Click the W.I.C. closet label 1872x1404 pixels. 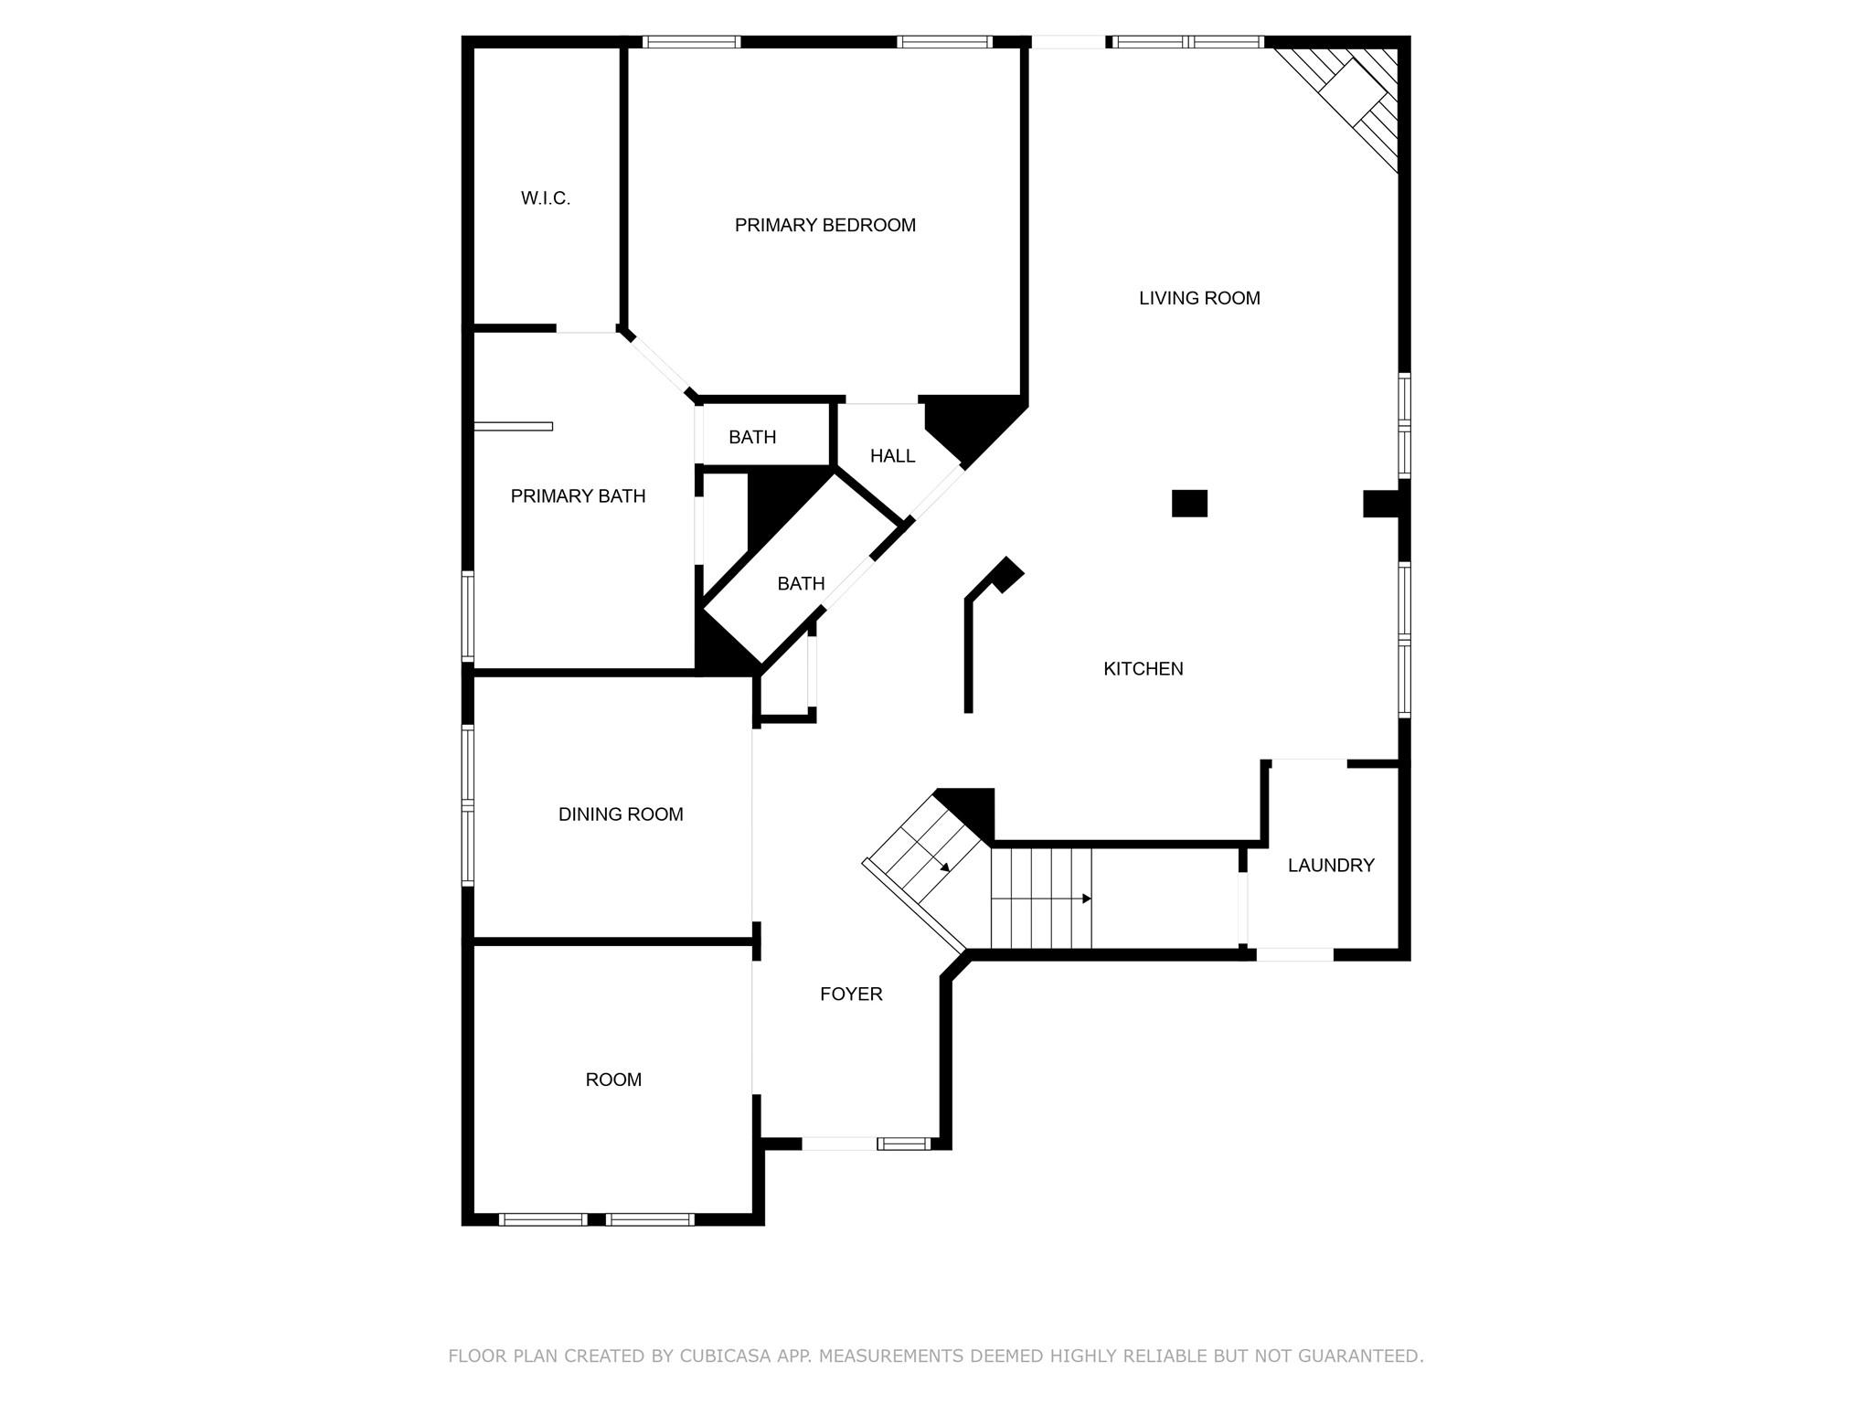point(546,198)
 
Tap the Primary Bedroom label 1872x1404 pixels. point(824,225)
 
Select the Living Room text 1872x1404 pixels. point(1199,298)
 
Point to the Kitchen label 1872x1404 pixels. point(1143,669)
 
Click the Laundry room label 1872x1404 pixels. point(1330,866)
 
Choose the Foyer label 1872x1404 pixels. point(851,994)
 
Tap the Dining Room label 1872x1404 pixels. point(621,814)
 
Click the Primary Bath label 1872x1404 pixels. point(578,496)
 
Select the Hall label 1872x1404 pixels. point(892,456)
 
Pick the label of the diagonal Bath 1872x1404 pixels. point(801,583)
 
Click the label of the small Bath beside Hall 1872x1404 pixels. point(752,438)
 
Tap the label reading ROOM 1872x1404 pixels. point(613,1080)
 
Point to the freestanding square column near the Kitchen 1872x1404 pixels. point(1189,504)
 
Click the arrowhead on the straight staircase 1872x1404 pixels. point(1087,899)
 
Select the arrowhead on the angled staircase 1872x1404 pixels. point(945,866)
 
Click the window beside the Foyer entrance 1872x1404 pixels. point(903,1143)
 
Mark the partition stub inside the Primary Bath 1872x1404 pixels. point(513,426)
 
